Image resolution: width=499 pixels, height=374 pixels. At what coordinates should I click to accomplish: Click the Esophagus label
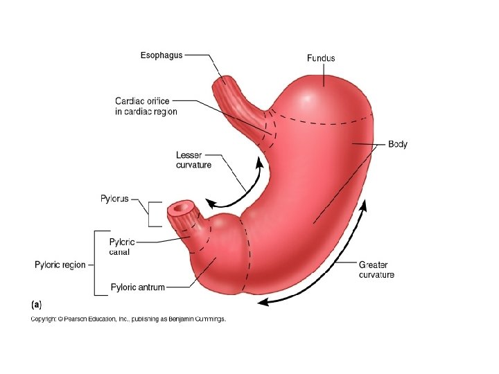[x=161, y=55]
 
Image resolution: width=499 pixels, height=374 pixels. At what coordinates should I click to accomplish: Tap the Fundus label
[x=321, y=58]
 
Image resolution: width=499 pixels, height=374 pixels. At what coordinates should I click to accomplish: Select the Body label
[x=398, y=145]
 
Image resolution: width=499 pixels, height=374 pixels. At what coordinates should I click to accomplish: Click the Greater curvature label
[x=376, y=269]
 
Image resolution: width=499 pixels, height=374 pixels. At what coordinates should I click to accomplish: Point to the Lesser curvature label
[x=193, y=160]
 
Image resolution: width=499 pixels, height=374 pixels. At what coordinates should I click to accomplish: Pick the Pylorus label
[x=114, y=199]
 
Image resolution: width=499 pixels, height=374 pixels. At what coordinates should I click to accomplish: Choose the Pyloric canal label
[x=122, y=247]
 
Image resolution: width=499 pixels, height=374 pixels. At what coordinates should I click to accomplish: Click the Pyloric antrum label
[x=138, y=287]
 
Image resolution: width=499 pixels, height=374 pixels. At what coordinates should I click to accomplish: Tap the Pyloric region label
[x=60, y=265]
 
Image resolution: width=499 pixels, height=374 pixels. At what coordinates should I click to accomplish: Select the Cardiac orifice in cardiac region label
[x=146, y=107]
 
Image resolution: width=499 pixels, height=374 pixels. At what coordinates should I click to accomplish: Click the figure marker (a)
[x=35, y=304]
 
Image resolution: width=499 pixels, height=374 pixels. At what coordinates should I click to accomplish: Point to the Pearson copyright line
[x=128, y=319]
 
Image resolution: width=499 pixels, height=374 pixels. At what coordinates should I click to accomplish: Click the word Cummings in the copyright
[x=209, y=319]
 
